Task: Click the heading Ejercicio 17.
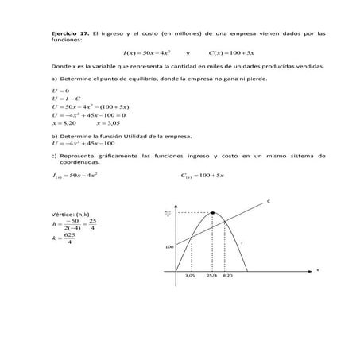(66, 33)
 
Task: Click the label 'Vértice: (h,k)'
(70, 215)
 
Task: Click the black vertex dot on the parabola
(213, 213)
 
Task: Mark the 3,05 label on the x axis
(190, 276)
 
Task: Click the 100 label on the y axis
(169, 246)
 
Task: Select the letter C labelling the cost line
(268, 202)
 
